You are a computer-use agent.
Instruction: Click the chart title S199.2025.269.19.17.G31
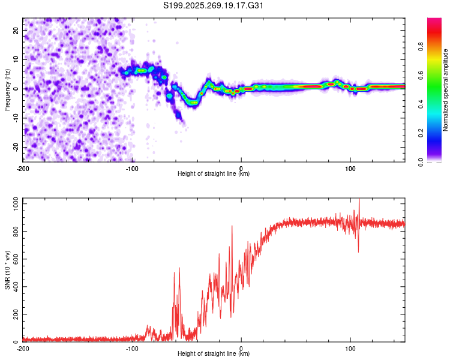pyautogui.click(x=214, y=5)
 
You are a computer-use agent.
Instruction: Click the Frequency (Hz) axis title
pyautogui.click(x=7, y=90)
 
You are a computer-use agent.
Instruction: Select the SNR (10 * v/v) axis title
pyautogui.click(x=7, y=270)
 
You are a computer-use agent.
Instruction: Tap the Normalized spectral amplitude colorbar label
pyautogui.click(x=446, y=90)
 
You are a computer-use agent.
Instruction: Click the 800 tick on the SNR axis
pyautogui.click(x=15, y=232)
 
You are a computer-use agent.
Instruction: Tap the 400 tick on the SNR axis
pyautogui.click(x=15, y=287)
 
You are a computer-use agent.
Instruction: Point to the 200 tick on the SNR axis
pyautogui.click(x=15, y=314)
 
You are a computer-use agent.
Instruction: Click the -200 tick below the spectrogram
pyautogui.click(x=23, y=168)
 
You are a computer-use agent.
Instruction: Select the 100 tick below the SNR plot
pyautogui.click(x=350, y=348)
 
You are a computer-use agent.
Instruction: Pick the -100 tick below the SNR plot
pyautogui.click(x=132, y=348)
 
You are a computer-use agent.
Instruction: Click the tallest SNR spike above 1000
pyautogui.click(x=359, y=199)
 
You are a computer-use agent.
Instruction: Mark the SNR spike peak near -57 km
pyautogui.click(x=179, y=268)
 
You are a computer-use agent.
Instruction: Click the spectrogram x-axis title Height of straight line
pyautogui.click(x=214, y=174)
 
